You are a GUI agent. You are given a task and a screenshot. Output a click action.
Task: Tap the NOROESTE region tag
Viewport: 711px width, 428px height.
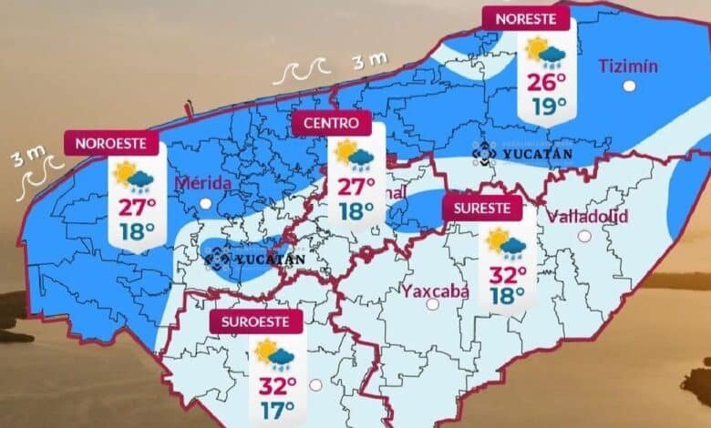coord(112,143)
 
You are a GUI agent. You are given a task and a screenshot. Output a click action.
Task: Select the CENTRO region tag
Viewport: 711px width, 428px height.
coord(332,121)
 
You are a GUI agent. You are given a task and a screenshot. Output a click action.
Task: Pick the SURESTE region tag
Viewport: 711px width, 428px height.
coord(483,208)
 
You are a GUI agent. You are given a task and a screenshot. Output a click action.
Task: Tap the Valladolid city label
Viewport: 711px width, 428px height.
coord(584,215)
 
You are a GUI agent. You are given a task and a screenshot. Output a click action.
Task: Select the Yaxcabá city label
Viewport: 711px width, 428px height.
coord(436,291)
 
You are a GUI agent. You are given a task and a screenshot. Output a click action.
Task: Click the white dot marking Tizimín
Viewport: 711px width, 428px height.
coord(629,86)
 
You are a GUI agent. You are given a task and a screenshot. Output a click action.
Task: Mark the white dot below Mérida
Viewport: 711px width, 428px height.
coord(205,203)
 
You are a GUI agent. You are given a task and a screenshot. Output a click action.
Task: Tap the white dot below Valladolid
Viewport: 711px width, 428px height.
coord(583,235)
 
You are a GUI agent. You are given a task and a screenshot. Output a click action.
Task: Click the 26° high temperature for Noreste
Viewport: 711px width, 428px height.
coord(546,85)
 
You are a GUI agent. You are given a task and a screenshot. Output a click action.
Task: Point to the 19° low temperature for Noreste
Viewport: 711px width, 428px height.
coord(546,107)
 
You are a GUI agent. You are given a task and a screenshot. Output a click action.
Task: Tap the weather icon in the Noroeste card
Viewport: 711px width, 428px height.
coord(133,176)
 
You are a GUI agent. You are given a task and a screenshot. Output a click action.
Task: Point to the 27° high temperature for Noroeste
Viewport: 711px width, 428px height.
coord(135,206)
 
